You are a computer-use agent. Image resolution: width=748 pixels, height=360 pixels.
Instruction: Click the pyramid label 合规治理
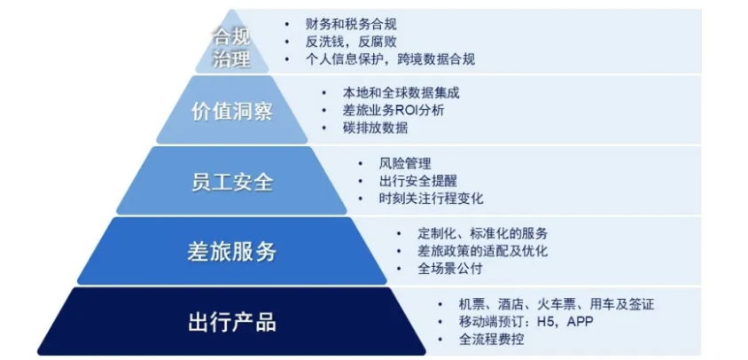[x=231, y=49]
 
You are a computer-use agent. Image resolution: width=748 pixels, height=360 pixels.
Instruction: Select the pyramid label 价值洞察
[x=232, y=112]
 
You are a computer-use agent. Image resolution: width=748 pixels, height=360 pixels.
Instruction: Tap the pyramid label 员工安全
[x=232, y=182]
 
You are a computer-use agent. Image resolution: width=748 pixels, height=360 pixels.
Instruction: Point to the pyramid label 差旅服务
[x=232, y=252]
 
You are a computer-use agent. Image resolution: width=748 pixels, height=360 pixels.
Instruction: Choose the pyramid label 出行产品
[x=232, y=323]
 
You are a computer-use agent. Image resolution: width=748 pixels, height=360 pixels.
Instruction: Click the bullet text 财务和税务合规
[x=351, y=23]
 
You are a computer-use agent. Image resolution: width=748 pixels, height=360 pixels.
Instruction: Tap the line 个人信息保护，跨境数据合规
[x=390, y=59]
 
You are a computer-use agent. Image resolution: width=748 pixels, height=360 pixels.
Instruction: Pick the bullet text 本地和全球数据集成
[x=401, y=92]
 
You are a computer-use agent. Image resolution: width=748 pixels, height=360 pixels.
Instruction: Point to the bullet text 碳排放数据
[x=375, y=129]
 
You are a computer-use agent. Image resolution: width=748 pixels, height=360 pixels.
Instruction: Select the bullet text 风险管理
[x=405, y=163]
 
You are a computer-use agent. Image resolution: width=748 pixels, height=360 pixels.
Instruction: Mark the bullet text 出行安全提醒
[x=418, y=182]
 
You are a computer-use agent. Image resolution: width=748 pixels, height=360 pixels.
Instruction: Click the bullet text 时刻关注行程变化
[x=432, y=200]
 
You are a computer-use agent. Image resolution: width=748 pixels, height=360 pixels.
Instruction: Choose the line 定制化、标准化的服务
[x=482, y=234]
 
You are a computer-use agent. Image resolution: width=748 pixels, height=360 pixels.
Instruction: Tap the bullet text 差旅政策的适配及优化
[x=482, y=252]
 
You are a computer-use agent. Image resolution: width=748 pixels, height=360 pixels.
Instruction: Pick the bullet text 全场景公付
[x=450, y=270]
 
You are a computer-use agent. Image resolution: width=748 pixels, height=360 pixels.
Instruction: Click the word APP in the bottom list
[x=580, y=322]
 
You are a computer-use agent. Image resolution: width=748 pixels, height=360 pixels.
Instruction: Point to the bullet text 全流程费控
[x=491, y=340]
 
